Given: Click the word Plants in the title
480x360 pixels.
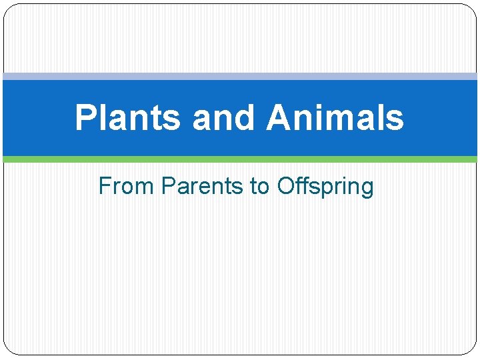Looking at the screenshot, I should tap(127, 118).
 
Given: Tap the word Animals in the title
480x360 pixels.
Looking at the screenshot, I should tap(335, 118).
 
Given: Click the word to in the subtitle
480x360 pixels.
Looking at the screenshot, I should tap(260, 186).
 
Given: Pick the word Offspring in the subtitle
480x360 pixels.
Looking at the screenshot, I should tap(325, 187).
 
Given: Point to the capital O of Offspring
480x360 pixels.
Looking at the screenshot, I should tap(285, 186).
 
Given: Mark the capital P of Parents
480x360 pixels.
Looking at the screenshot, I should tap(167, 186).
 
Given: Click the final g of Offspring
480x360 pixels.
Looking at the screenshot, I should tap(367, 189).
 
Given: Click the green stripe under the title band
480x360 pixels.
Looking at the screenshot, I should tap(240, 159).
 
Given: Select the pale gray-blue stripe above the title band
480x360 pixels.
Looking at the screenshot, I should tap(240, 77).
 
